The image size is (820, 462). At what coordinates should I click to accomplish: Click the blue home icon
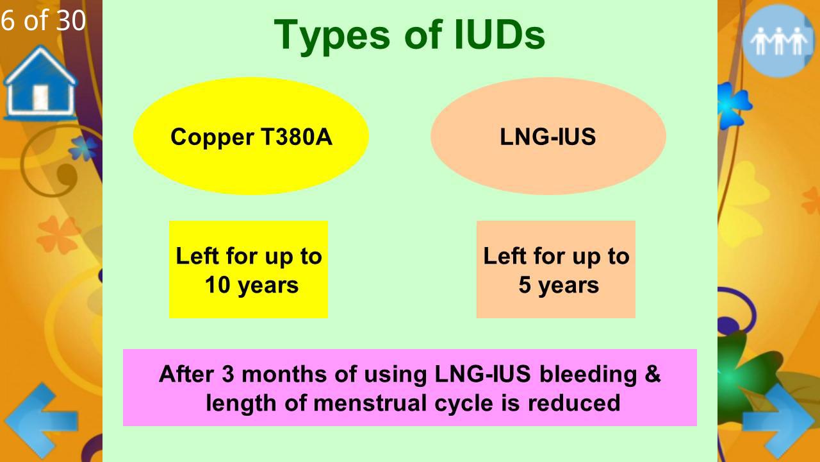click(40, 83)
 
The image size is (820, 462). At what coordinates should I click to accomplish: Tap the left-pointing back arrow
click(40, 420)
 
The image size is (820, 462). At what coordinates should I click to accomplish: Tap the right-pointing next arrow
click(779, 420)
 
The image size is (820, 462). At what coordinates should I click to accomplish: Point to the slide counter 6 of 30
click(43, 21)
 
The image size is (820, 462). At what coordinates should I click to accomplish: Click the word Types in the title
click(331, 35)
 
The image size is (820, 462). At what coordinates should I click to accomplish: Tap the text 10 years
click(251, 285)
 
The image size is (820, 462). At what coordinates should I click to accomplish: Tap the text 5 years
click(558, 285)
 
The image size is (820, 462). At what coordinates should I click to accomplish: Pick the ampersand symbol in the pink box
click(652, 373)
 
